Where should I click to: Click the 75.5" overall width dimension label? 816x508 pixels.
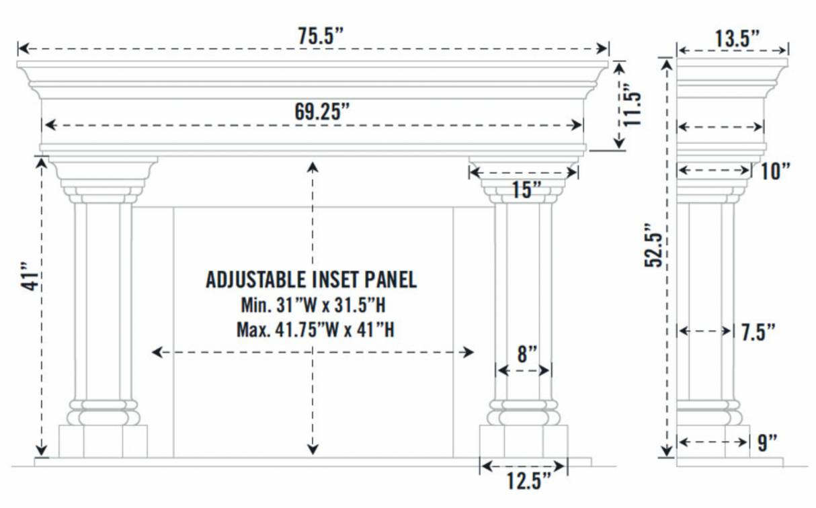(321, 37)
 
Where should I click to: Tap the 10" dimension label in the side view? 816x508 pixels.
(775, 171)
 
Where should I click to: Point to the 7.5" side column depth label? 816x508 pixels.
(758, 332)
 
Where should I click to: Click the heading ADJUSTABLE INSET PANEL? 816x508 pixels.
(311, 279)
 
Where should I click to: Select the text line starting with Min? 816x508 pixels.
(313, 306)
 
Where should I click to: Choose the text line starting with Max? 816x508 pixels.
(315, 331)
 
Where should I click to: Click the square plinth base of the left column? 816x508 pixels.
(103, 441)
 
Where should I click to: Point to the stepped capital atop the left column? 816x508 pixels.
(103, 178)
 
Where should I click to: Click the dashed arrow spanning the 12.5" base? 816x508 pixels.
(523, 466)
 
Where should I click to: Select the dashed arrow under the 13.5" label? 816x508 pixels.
(732, 50)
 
